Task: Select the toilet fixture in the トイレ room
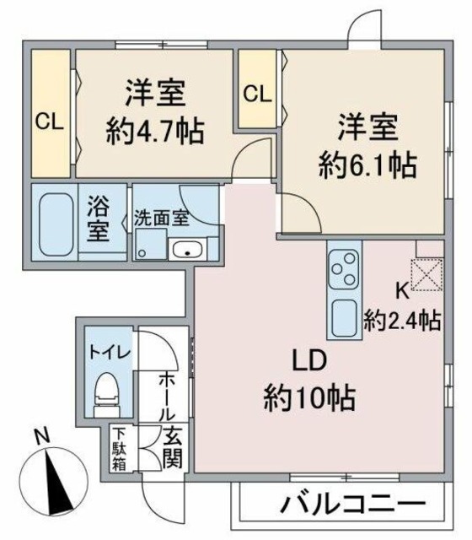107,390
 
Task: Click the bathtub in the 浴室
56,219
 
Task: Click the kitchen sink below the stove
345,318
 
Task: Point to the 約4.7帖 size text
158,131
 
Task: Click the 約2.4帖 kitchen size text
402,320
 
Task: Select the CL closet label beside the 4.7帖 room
49,121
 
